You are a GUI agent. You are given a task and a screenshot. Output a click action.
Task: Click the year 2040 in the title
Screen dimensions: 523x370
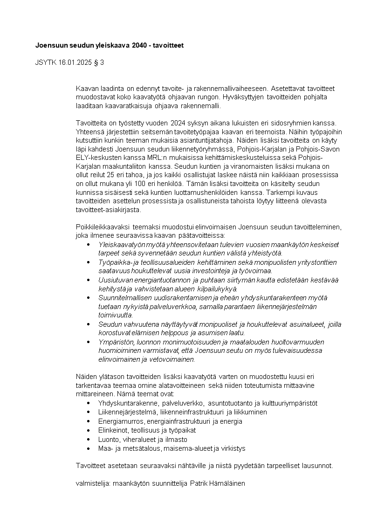click(139, 46)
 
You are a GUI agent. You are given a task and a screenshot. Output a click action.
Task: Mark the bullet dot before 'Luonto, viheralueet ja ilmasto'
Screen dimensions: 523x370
click(89, 440)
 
